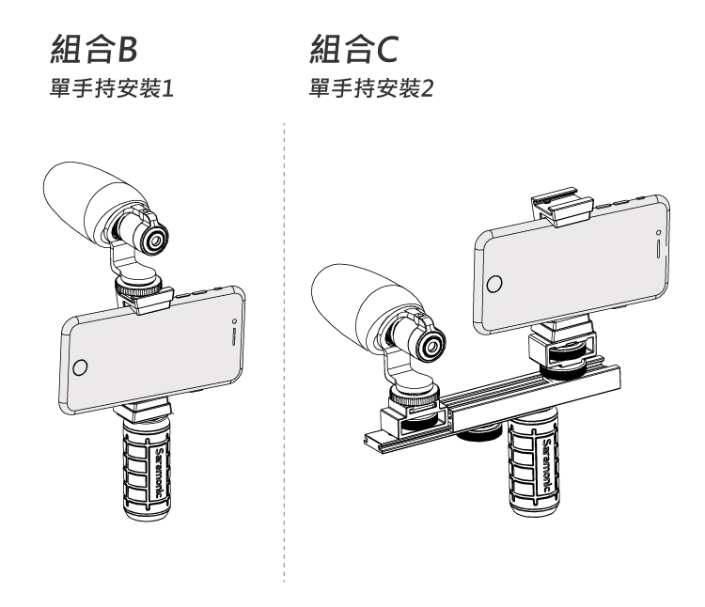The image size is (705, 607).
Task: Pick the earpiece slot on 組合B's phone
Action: click(232, 336)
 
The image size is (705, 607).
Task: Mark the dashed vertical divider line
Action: click(283, 376)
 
